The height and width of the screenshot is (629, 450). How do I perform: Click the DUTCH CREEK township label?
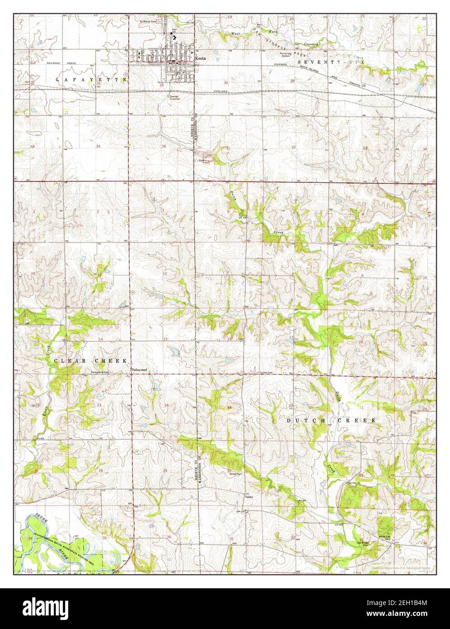click(x=331, y=420)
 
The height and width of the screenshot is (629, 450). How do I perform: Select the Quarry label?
click(x=204, y=160)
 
